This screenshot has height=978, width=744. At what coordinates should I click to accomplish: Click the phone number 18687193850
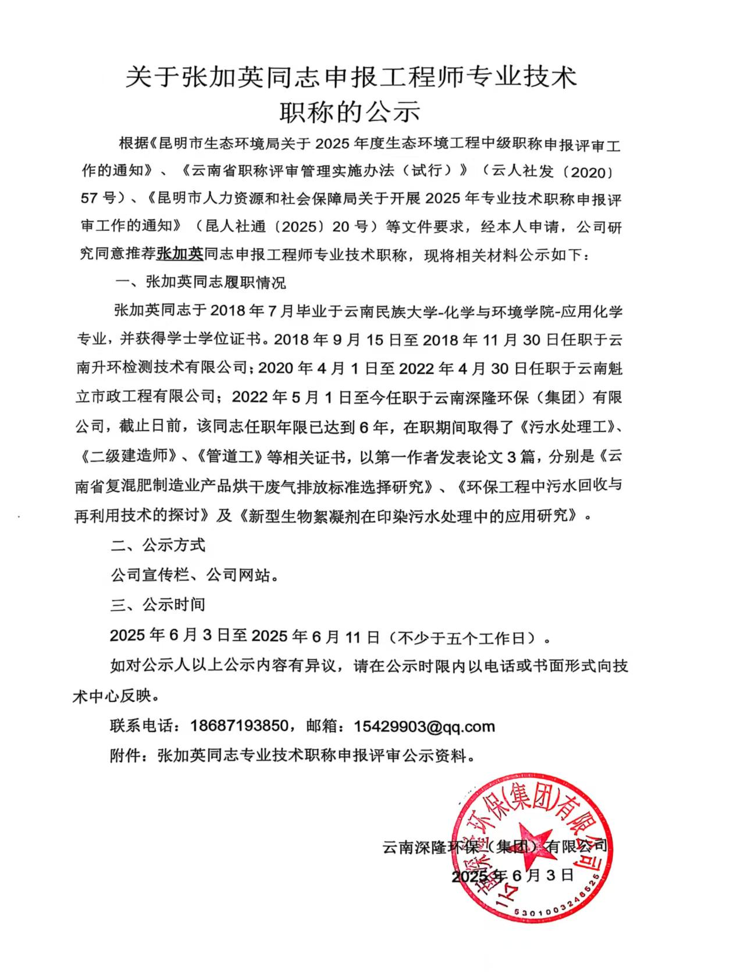tap(239, 726)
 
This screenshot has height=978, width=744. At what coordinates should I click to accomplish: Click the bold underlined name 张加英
tap(180, 254)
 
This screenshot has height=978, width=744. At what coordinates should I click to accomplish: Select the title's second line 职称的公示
tap(350, 111)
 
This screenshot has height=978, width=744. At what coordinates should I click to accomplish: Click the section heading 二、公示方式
tap(158, 545)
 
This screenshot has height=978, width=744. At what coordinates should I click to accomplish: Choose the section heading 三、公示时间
tap(158, 604)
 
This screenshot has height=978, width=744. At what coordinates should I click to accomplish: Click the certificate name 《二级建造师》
tap(126, 456)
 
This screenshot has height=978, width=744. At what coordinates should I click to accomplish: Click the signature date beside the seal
tap(513, 875)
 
